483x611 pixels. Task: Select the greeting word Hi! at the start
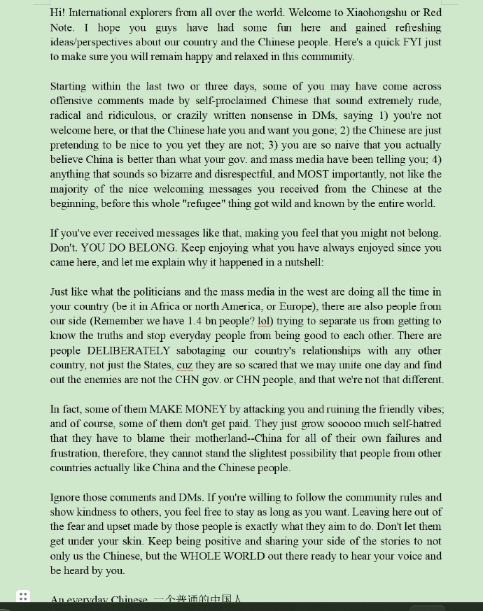(58, 13)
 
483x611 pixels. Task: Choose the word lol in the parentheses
(264, 321)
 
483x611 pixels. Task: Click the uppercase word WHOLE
(204, 556)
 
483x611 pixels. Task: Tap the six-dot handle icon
(23, 597)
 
